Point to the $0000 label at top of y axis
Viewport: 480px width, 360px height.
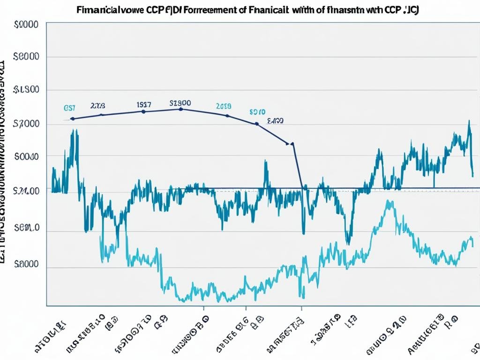coord(27,26)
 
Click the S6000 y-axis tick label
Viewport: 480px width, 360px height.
coord(27,57)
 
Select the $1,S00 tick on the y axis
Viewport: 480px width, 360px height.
coord(27,90)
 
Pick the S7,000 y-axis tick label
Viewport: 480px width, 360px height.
coord(27,124)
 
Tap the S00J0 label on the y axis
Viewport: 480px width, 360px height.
coord(27,157)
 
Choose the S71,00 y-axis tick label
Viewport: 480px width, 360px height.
coord(27,190)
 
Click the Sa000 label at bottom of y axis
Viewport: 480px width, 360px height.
coord(27,264)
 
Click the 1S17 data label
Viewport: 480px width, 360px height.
coord(143,105)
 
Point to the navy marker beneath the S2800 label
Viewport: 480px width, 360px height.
coord(181,109)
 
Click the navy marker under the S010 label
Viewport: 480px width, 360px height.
coord(257,124)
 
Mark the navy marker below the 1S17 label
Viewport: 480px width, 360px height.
coord(143,112)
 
